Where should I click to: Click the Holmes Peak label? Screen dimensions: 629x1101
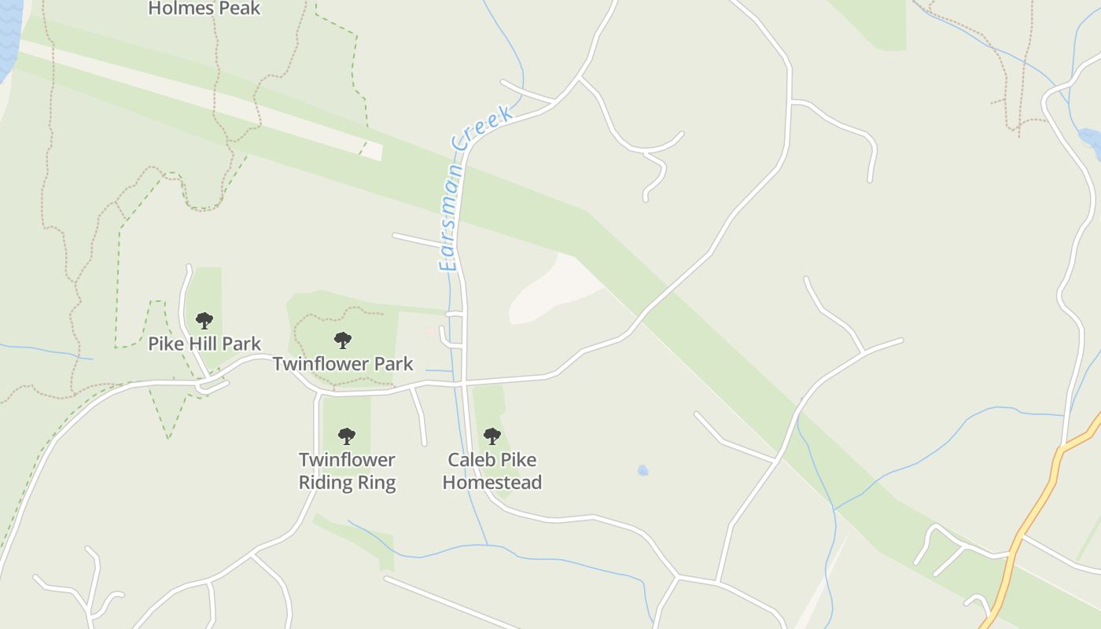coord(204,9)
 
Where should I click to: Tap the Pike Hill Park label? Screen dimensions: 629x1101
coord(204,344)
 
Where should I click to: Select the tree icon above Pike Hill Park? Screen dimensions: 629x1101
coord(204,321)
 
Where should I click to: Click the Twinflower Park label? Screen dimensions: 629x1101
coord(342,363)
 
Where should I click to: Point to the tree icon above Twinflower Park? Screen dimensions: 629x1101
coord(342,340)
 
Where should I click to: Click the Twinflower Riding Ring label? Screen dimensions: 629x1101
coord(347,470)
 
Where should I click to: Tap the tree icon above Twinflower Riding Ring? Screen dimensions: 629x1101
coord(346,436)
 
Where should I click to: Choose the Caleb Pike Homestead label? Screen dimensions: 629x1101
coord(492,470)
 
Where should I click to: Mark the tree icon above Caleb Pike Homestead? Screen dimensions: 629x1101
coord(492,436)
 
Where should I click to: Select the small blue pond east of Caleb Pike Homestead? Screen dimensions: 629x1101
coord(643,470)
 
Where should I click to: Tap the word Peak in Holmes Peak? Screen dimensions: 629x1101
coord(239,9)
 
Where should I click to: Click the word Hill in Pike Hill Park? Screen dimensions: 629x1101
coord(201,344)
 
